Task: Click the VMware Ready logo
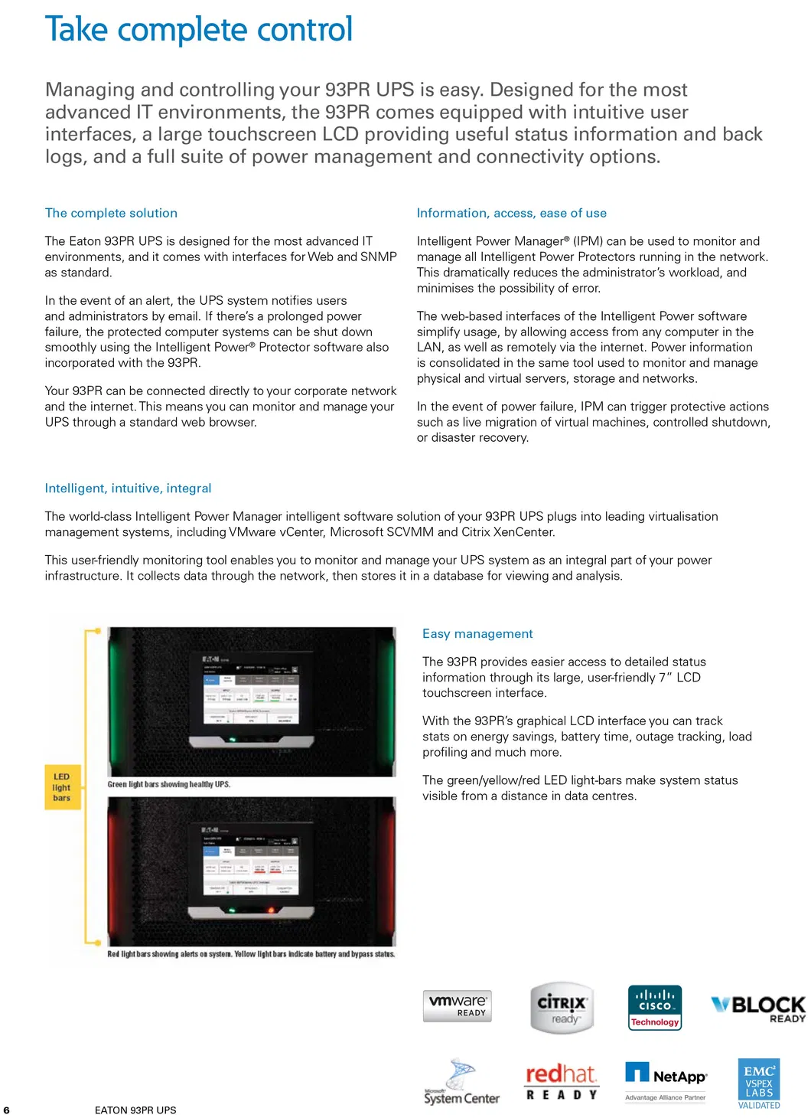(457, 1005)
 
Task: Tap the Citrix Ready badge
(562, 1008)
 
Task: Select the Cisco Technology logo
(655, 1008)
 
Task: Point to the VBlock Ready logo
(758, 1008)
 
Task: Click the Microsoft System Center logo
(461, 1083)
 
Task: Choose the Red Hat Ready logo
(562, 1081)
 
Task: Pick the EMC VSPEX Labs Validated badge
(759, 1084)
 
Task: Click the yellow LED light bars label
(62, 787)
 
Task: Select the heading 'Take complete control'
(199, 30)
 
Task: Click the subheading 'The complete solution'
(111, 213)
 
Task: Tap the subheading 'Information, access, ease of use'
(511, 213)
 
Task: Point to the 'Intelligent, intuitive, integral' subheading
(128, 489)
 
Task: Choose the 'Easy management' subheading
(477, 634)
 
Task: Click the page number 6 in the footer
(7, 1110)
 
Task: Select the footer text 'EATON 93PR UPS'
(135, 1110)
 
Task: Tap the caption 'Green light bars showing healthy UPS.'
(169, 785)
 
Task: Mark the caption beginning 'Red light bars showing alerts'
(251, 954)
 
